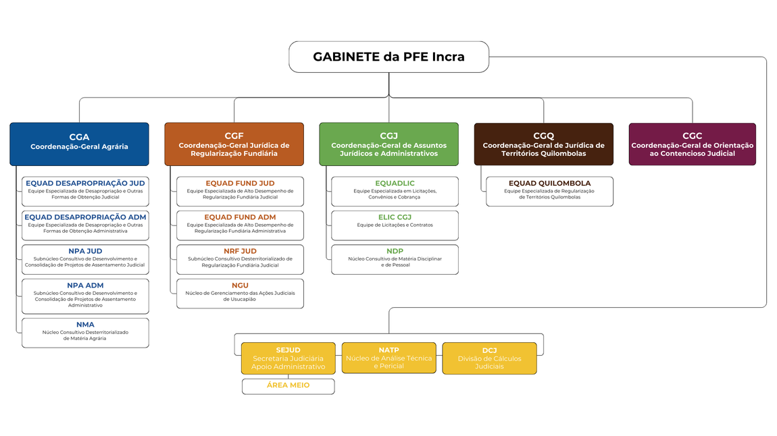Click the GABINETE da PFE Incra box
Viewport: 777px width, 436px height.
click(x=388, y=57)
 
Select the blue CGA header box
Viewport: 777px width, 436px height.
click(x=79, y=144)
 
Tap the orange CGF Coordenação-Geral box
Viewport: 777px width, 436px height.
click(x=234, y=144)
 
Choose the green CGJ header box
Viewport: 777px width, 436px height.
click(x=388, y=144)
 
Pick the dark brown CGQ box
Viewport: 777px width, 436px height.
click(x=543, y=144)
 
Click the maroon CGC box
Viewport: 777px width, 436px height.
click(x=692, y=144)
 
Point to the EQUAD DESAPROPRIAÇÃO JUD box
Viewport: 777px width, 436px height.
click(x=85, y=191)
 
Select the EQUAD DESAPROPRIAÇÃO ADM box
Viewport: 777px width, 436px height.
click(x=85, y=225)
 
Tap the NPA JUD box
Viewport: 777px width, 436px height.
click(x=85, y=259)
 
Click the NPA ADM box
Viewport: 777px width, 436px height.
click(x=85, y=296)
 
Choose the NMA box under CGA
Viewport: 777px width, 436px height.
click(x=85, y=333)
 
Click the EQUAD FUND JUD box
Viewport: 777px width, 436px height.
click(x=240, y=191)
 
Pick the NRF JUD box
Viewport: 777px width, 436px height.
click(x=240, y=259)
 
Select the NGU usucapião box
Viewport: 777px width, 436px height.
click(x=240, y=294)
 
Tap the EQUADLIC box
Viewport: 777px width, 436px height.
click(x=395, y=191)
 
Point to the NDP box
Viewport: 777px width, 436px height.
click(x=395, y=259)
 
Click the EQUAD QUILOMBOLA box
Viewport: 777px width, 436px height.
click(x=549, y=191)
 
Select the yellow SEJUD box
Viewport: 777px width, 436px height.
click(x=288, y=358)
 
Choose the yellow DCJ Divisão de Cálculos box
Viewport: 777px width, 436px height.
click(x=489, y=358)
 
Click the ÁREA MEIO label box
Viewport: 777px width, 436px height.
click(x=288, y=386)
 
